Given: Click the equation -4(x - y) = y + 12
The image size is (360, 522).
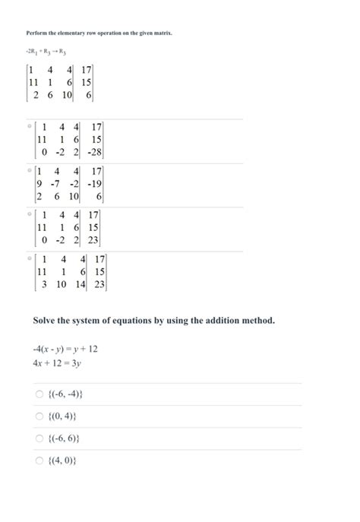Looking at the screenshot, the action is (65, 348).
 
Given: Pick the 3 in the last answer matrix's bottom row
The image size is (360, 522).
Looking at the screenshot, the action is (44, 284).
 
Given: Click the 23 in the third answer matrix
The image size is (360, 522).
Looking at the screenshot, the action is (93, 240).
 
